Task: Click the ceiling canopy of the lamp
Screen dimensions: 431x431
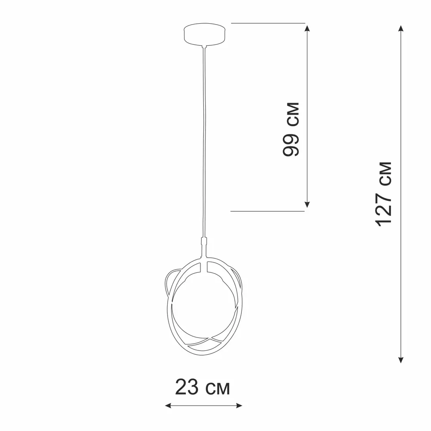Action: [x=204, y=34]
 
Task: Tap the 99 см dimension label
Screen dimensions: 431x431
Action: [x=291, y=129]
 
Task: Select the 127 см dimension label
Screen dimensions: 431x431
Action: [x=384, y=194]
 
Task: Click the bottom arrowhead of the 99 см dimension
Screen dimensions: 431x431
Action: [x=307, y=204]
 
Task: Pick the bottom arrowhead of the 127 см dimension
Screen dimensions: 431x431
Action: [x=401, y=360]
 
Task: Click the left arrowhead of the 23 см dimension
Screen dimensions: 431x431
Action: [x=168, y=406]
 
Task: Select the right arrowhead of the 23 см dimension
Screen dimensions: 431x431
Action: [x=239, y=406]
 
